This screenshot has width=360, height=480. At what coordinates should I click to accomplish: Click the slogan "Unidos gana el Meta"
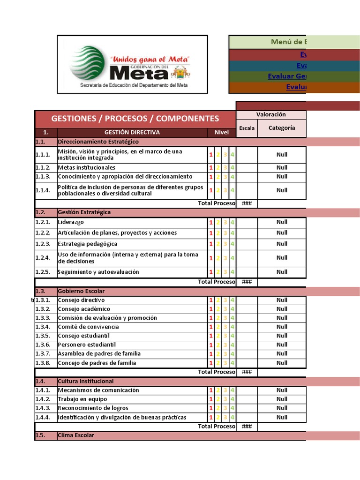(x=149, y=60)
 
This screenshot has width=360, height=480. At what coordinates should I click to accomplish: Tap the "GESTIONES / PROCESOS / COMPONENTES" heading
(x=135, y=119)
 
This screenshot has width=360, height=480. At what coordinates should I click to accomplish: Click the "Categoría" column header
(x=282, y=127)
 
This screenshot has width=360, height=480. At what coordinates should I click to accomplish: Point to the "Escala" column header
(x=247, y=128)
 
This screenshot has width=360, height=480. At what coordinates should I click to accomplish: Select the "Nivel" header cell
(x=222, y=132)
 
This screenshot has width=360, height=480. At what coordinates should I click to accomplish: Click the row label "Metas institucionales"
(x=87, y=168)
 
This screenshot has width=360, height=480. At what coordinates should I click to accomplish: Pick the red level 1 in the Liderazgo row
(x=211, y=222)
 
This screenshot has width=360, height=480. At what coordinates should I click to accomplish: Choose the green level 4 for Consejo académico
(x=232, y=309)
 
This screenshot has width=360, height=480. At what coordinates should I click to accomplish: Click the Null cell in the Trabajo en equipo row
(x=282, y=399)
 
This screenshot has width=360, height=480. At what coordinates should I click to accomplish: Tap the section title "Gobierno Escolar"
(x=81, y=291)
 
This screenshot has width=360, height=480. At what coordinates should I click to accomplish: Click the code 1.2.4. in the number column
(x=43, y=258)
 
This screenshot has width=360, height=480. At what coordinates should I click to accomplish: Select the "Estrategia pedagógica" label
(x=88, y=244)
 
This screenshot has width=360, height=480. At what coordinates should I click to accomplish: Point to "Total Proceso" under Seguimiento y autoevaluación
(x=217, y=282)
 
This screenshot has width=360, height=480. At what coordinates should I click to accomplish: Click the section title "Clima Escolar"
(x=76, y=435)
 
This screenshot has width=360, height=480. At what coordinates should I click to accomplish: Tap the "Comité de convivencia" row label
(x=89, y=327)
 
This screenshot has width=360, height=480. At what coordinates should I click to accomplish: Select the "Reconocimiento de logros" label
(x=93, y=408)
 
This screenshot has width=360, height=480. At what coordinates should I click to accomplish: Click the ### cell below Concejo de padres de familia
(x=247, y=372)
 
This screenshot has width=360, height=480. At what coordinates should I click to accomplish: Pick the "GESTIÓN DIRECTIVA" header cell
(x=132, y=132)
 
